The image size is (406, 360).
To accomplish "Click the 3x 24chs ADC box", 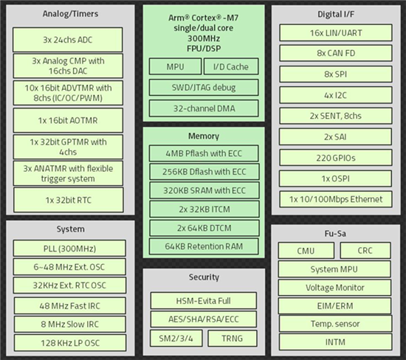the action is pyautogui.click(x=68, y=40).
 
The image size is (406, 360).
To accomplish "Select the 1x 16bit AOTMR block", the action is pyautogui.click(x=68, y=120).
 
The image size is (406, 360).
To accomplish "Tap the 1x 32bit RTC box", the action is pyautogui.click(x=69, y=200).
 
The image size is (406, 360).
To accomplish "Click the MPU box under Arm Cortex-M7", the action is pyautogui.click(x=175, y=66).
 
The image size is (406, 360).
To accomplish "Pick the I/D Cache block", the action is pyautogui.click(x=231, y=66).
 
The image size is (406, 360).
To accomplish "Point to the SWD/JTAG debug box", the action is pyautogui.click(x=204, y=88).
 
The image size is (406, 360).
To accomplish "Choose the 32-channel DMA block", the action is pyautogui.click(x=204, y=108).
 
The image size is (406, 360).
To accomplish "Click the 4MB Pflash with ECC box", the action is pyautogui.click(x=204, y=153).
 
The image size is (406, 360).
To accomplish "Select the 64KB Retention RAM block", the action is pyautogui.click(x=204, y=246).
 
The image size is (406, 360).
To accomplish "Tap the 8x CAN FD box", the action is pyautogui.click(x=336, y=53).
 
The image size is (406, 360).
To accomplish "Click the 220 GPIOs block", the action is pyautogui.click(x=336, y=158).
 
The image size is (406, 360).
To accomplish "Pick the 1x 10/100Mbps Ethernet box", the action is pyautogui.click(x=336, y=199).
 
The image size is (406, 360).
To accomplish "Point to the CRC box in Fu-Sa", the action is pyautogui.click(x=365, y=250).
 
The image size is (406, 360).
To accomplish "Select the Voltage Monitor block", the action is pyautogui.click(x=334, y=287).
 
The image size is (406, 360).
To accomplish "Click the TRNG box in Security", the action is pyautogui.click(x=233, y=338).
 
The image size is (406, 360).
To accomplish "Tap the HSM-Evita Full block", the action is pyautogui.click(x=204, y=301).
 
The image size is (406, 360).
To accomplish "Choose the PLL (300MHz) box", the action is pyautogui.click(x=69, y=249).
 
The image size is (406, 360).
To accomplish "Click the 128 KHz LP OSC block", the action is pyautogui.click(x=70, y=343).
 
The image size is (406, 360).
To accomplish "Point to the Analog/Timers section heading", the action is pyautogui.click(x=70, y=14).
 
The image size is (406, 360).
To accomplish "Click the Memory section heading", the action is pyautogui.click(x=204, y=136).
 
